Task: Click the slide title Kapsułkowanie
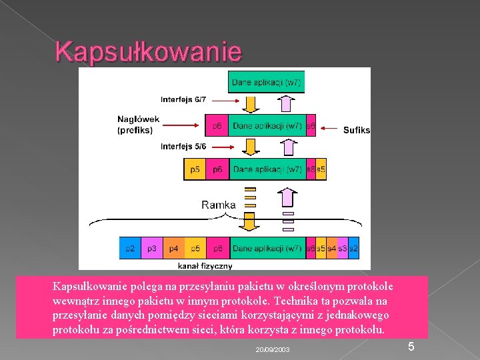click(148, 51)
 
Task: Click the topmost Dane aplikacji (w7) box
click(266, 83)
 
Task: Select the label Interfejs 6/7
click(183, 99)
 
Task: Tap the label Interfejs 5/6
click(183, 146)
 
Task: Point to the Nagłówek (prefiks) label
click(139, 125)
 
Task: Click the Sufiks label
click(357, 130)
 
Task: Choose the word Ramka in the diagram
click(219, 205)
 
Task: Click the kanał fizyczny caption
click(210, 265)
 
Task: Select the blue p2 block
click(130, 249)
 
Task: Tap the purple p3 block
click(152, 249)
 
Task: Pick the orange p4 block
click(173, 249)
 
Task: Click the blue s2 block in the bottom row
click(353, 249)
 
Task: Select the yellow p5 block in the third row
click(195, 169)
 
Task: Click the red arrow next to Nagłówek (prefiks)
click(181, 125)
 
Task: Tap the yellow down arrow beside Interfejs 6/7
click(249, 103)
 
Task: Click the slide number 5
click(411, 347)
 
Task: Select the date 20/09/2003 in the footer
click(273, 349)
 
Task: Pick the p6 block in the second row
click(217, 125)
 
